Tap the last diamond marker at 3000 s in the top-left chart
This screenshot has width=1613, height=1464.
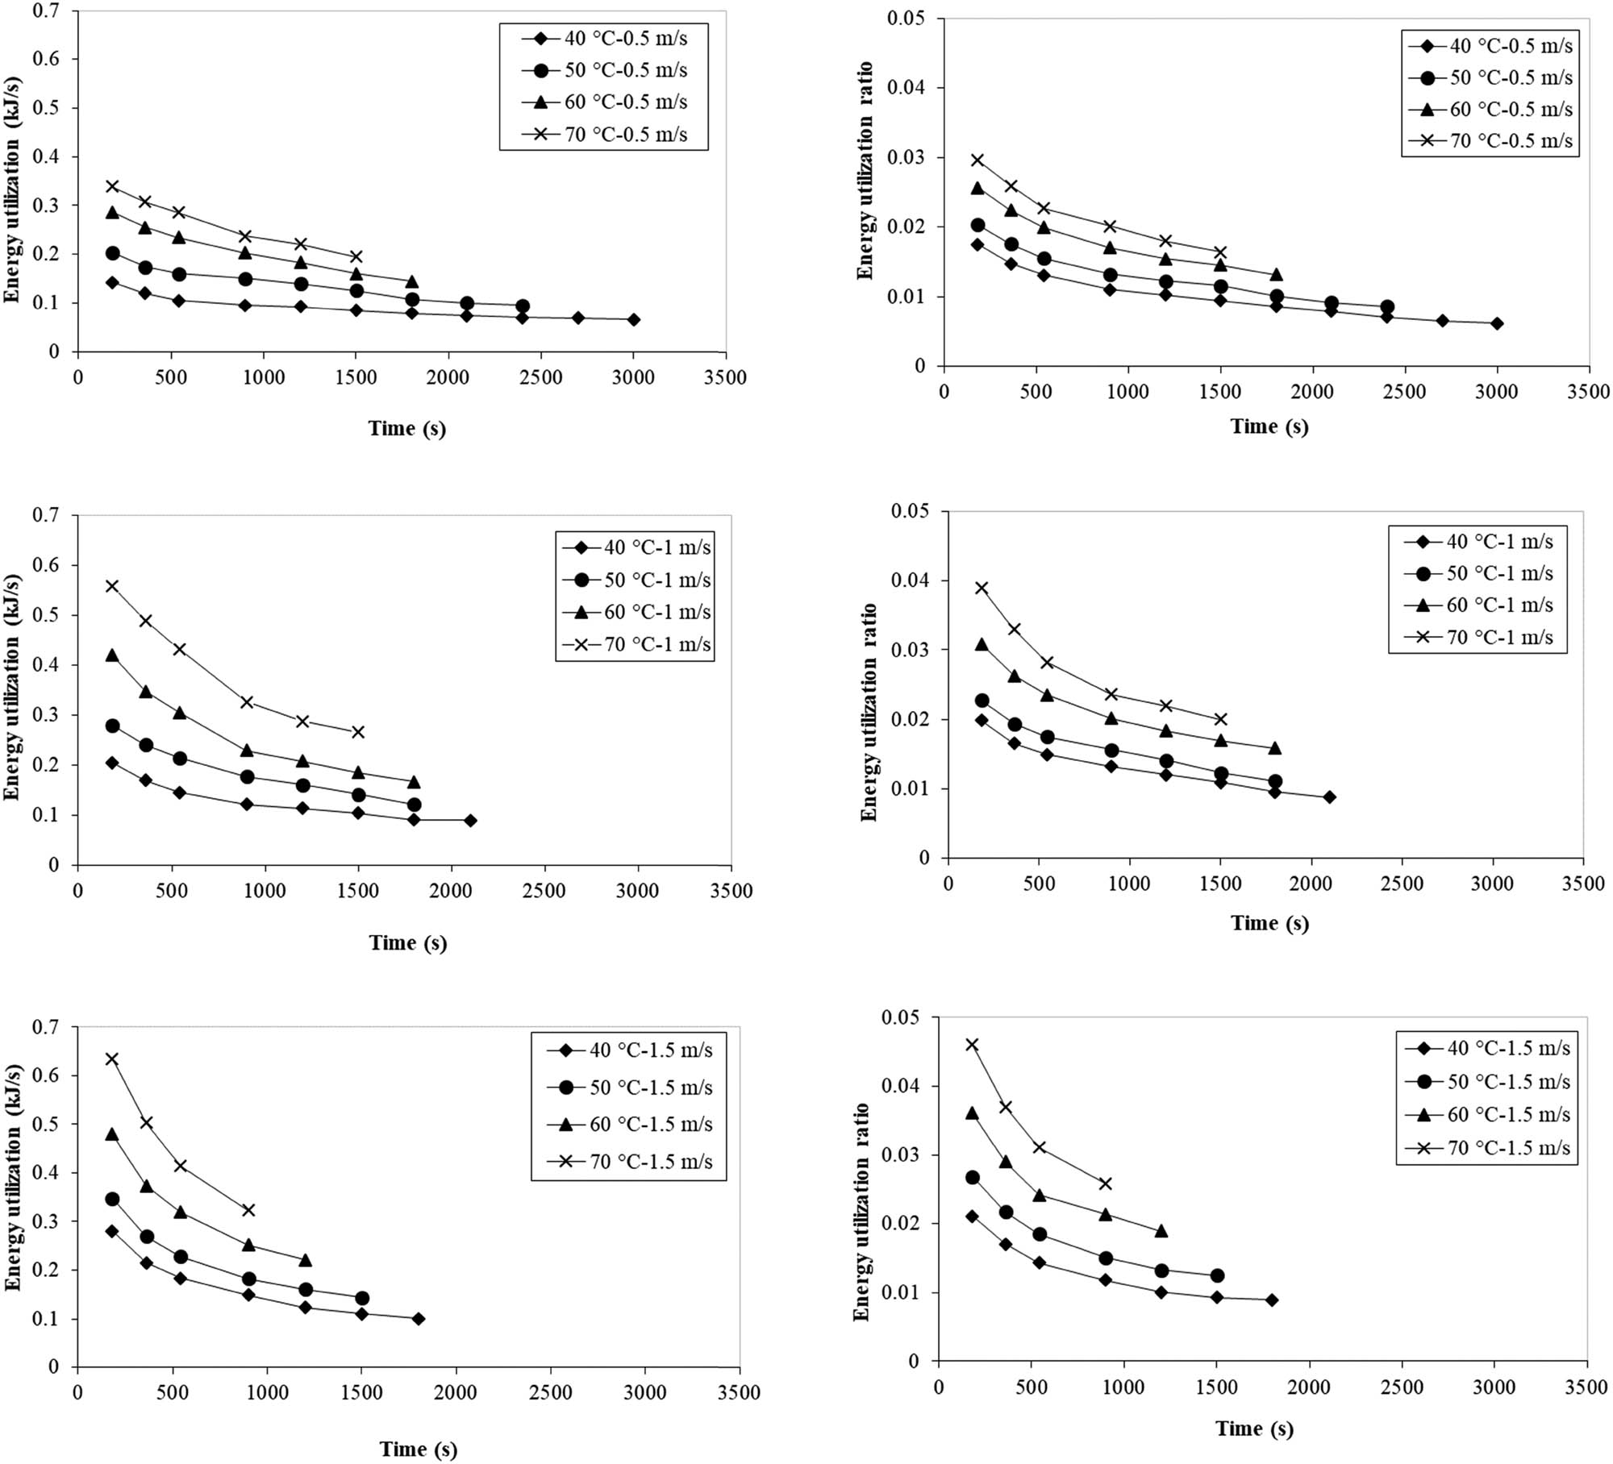[x=633, y=320]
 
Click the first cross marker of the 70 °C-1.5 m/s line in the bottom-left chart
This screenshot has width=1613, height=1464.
[x=112, y=1059]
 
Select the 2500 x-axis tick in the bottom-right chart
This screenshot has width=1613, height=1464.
[x=1401, y=1387]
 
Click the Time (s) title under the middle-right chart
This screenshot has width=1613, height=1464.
[x=1269, y=923]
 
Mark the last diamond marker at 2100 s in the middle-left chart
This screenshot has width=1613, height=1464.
[x=470, y=821]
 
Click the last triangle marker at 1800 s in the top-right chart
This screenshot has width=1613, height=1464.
[x=1276, y=276]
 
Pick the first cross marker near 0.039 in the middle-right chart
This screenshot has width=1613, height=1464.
[x=982, y=588]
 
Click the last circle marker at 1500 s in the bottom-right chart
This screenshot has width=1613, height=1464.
[x=1217, y=1275]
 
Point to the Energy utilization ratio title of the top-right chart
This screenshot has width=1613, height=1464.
[x=865, y=170]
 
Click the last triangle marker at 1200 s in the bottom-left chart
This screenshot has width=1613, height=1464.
[x=305, y=1260]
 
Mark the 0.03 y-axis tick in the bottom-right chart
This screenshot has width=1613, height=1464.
[x=902, y=1155]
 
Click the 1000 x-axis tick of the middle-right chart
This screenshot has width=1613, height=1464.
[x=1129, y=884]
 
